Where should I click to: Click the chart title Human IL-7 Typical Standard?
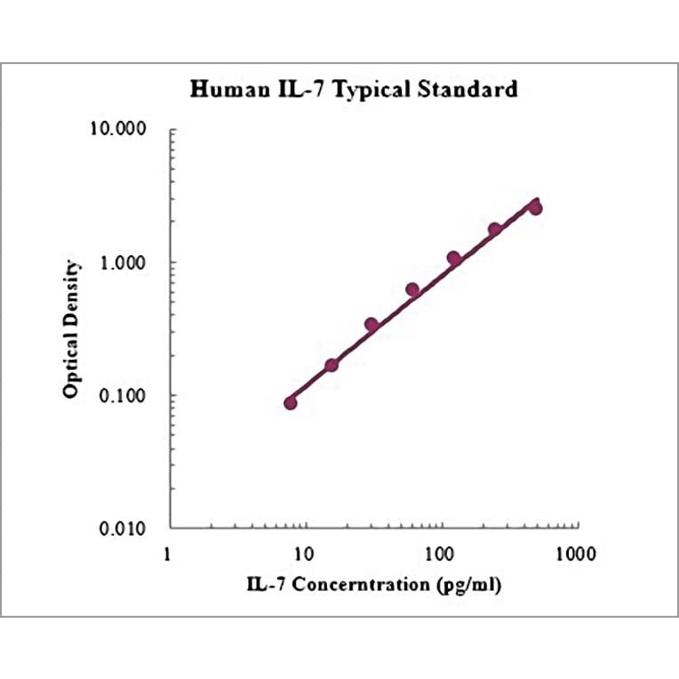pos(354,89)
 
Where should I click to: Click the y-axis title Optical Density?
pos(72,329)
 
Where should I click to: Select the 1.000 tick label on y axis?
pos(124,263)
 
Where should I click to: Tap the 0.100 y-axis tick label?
pos(124,395)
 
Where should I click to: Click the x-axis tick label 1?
pos(169,554)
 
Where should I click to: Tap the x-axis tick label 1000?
pos(572,554)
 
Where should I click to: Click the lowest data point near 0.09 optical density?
pos(291,403)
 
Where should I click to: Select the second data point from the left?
pos(332,365)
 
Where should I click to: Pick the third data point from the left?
pos(371,324)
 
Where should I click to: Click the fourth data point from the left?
pos(412,290)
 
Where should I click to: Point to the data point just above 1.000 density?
pos(453,258)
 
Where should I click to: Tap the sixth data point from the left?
pos(495,229)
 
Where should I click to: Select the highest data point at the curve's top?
pos(535,208)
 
